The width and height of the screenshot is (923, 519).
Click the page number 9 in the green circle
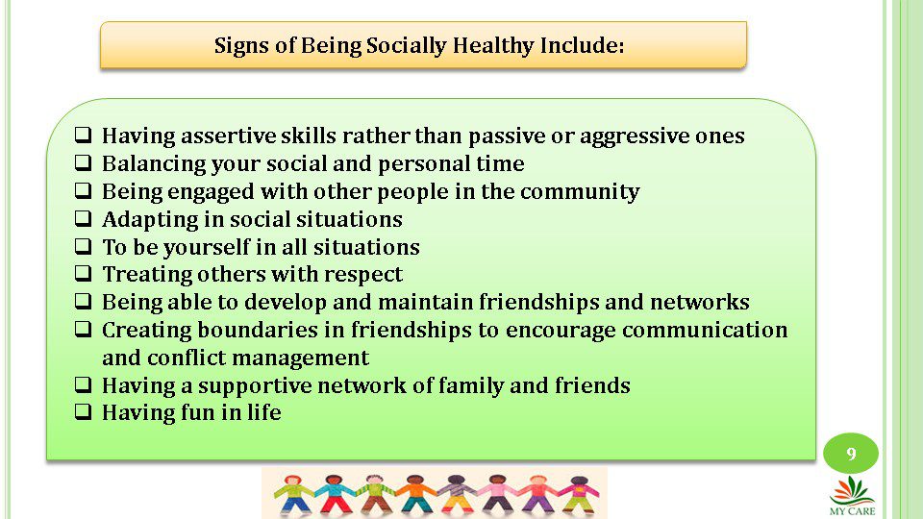pyautogui.click(x=851, y=454)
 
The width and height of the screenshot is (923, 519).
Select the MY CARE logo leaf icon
pyautogui.click(x=852, y=491)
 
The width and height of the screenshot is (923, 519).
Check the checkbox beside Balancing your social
pyautogui.click(x=84, y=162)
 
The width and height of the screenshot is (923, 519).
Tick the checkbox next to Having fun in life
pyautogui.click(x=84, y=411)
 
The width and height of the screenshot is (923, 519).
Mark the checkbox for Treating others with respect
pyautogui.click(x=84, y=273)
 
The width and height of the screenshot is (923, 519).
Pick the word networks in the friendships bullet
pyautogui.click(x=699, y=302)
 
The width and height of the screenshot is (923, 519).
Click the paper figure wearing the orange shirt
pyautogui.click(x=415, y=494)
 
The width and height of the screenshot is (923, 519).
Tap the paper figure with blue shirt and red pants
pyautogui.click(x=334, y=494)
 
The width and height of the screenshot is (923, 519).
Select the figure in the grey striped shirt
pyautogui.click(x=456, y=494)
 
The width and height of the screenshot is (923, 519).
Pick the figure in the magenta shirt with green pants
pyautogui.click(x=579, y=494)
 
